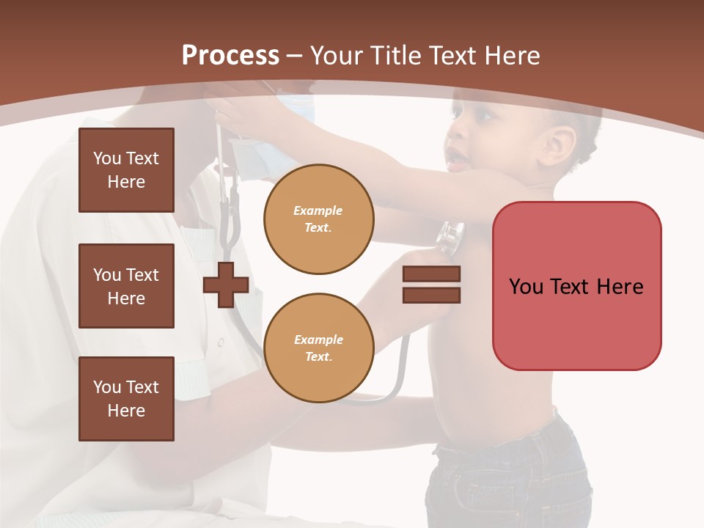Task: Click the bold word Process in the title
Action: (230, 56)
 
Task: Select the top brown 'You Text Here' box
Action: (126, 170)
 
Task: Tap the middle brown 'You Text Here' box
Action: (126, 286)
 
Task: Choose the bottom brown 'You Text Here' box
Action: (126, 399)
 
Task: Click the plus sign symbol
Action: (226, 285)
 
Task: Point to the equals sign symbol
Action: (431, 285)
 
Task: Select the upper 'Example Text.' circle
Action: (318, 219)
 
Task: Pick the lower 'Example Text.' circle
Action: (318, 348)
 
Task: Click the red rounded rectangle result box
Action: (576, 286)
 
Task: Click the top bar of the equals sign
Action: (431, 274)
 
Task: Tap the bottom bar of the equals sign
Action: (431, 295)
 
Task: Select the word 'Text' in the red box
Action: (576, 286)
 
